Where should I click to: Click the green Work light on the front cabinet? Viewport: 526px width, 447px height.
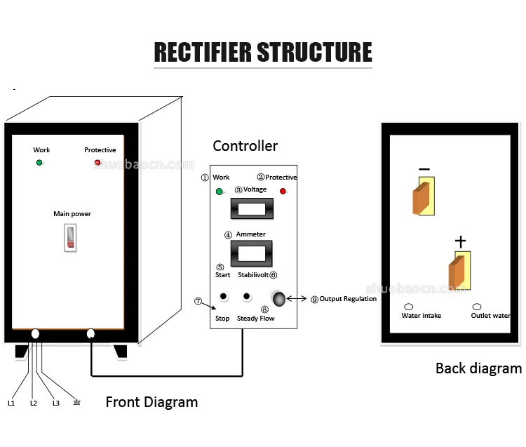click(39, 163)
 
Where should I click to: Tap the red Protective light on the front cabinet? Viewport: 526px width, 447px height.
click(97, 163)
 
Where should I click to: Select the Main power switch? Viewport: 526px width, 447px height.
click(70, 238)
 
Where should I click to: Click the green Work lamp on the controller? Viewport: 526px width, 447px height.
click(220, 191)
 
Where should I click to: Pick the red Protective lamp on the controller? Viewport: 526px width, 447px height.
click(283, 191)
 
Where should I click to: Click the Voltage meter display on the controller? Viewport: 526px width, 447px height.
click(251, 208)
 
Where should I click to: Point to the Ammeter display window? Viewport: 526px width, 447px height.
click(251, 253)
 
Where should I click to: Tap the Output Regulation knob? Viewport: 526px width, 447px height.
click(279, 298)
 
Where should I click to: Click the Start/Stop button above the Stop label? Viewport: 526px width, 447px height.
click(223, 297)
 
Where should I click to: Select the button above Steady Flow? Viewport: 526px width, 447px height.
click(246, 297)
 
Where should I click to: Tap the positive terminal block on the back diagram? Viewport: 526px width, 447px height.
click(459, 271)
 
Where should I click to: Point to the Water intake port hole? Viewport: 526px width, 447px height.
click(408, 307)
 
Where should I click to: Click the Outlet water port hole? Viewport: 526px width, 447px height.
click(477, 307)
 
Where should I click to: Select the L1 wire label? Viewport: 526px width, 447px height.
click(11, 403)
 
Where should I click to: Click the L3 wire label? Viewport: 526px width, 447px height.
click(56, 403)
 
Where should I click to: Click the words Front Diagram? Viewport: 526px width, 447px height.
click(151, 402)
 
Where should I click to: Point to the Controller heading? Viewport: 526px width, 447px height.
click(245, 146)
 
